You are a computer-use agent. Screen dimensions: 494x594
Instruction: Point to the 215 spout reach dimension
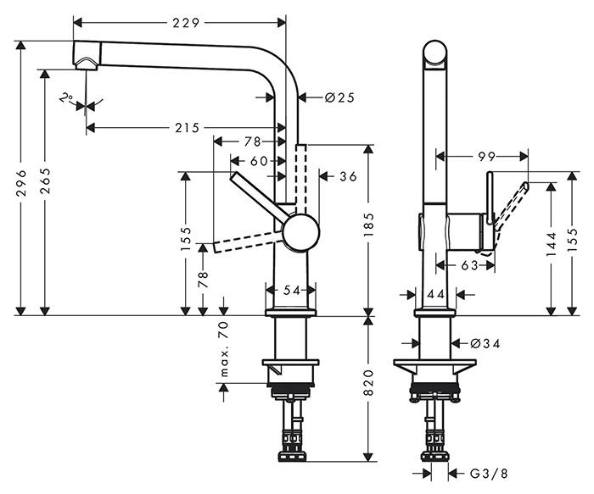[187, 128]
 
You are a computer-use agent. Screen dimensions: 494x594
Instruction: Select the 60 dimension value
[258, 161]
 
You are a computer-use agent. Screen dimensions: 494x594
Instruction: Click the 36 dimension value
[347, 176]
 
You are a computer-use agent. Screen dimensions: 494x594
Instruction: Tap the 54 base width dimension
[292, 291]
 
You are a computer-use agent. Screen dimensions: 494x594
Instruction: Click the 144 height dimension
[552, 246]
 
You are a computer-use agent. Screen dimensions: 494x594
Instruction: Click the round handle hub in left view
[301, 231]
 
